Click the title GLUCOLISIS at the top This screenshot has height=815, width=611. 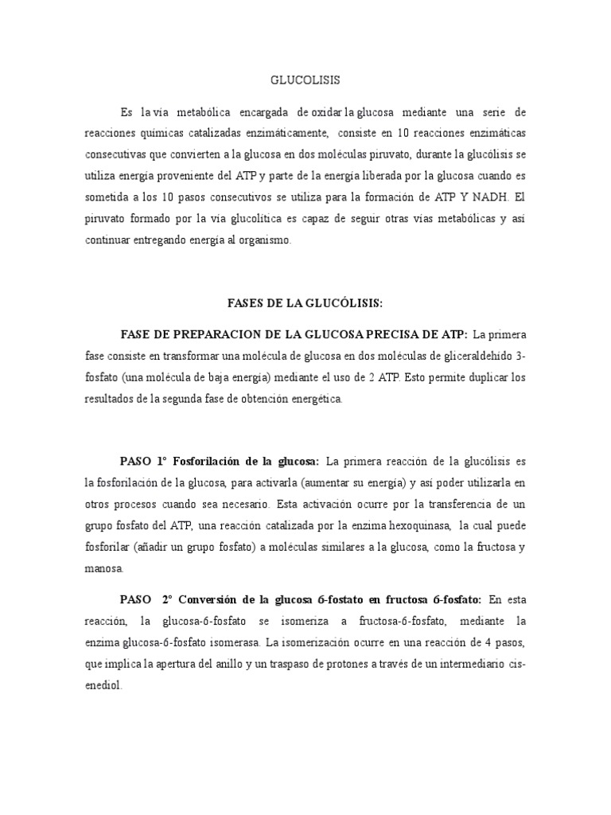pos(305,80)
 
